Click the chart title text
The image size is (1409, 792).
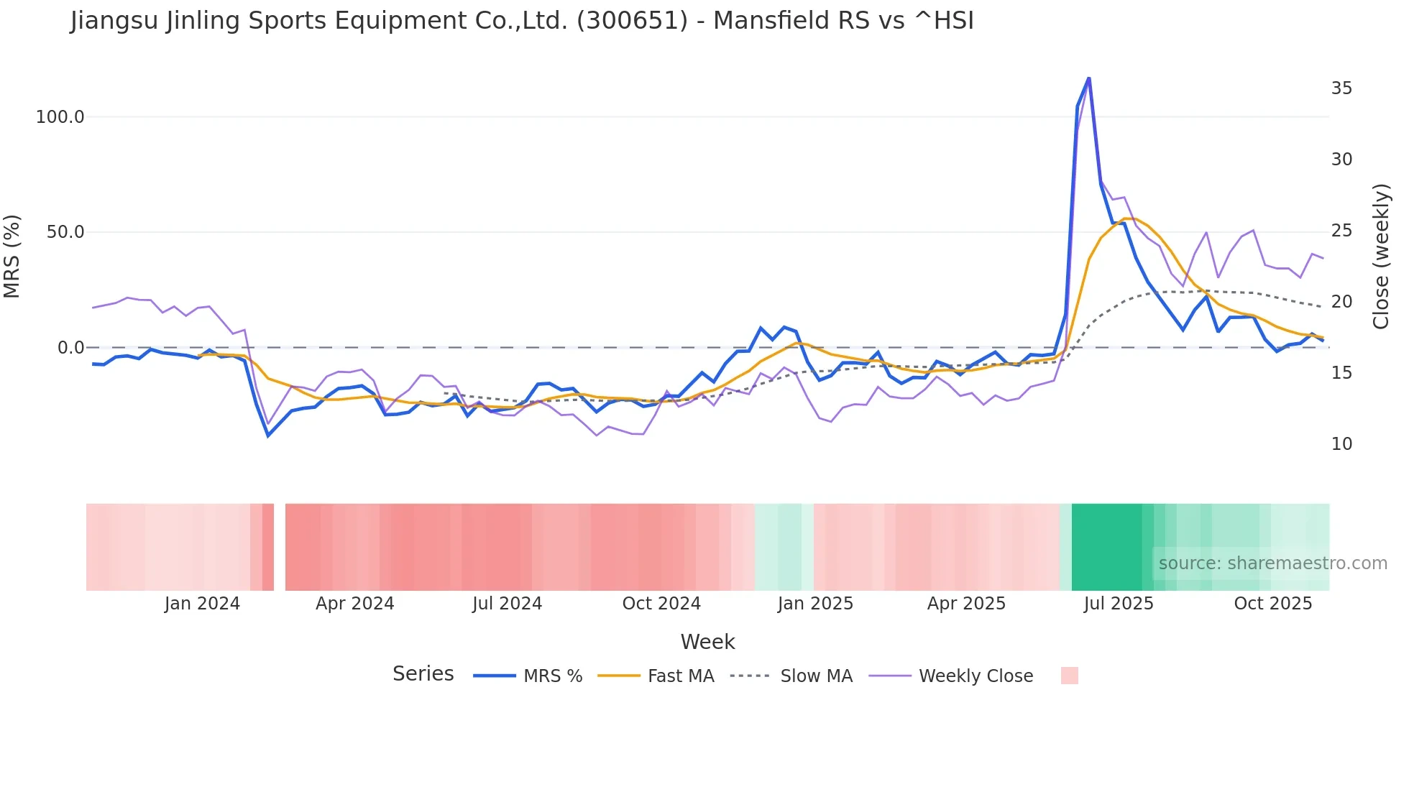point(522,21)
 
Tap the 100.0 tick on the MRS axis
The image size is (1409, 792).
point(60,117)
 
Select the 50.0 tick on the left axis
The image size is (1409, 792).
point(65,232)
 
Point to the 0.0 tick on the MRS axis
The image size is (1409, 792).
point(70,348)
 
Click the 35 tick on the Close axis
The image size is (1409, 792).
point(1341,88)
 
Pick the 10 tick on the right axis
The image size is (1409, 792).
point(1341,444)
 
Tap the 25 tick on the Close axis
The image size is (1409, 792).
point(1341,231)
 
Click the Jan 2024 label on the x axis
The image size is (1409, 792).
point(202,604)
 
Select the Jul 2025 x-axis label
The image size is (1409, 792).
point(1119,604)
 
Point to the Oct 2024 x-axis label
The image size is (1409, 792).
point(661,604)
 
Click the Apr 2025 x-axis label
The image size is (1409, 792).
point(966,604)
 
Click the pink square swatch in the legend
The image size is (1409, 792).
point(1069,676)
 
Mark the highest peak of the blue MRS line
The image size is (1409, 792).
point(1088,78)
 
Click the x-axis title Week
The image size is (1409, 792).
point(707,642)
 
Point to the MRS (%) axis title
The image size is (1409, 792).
point(12,256)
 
